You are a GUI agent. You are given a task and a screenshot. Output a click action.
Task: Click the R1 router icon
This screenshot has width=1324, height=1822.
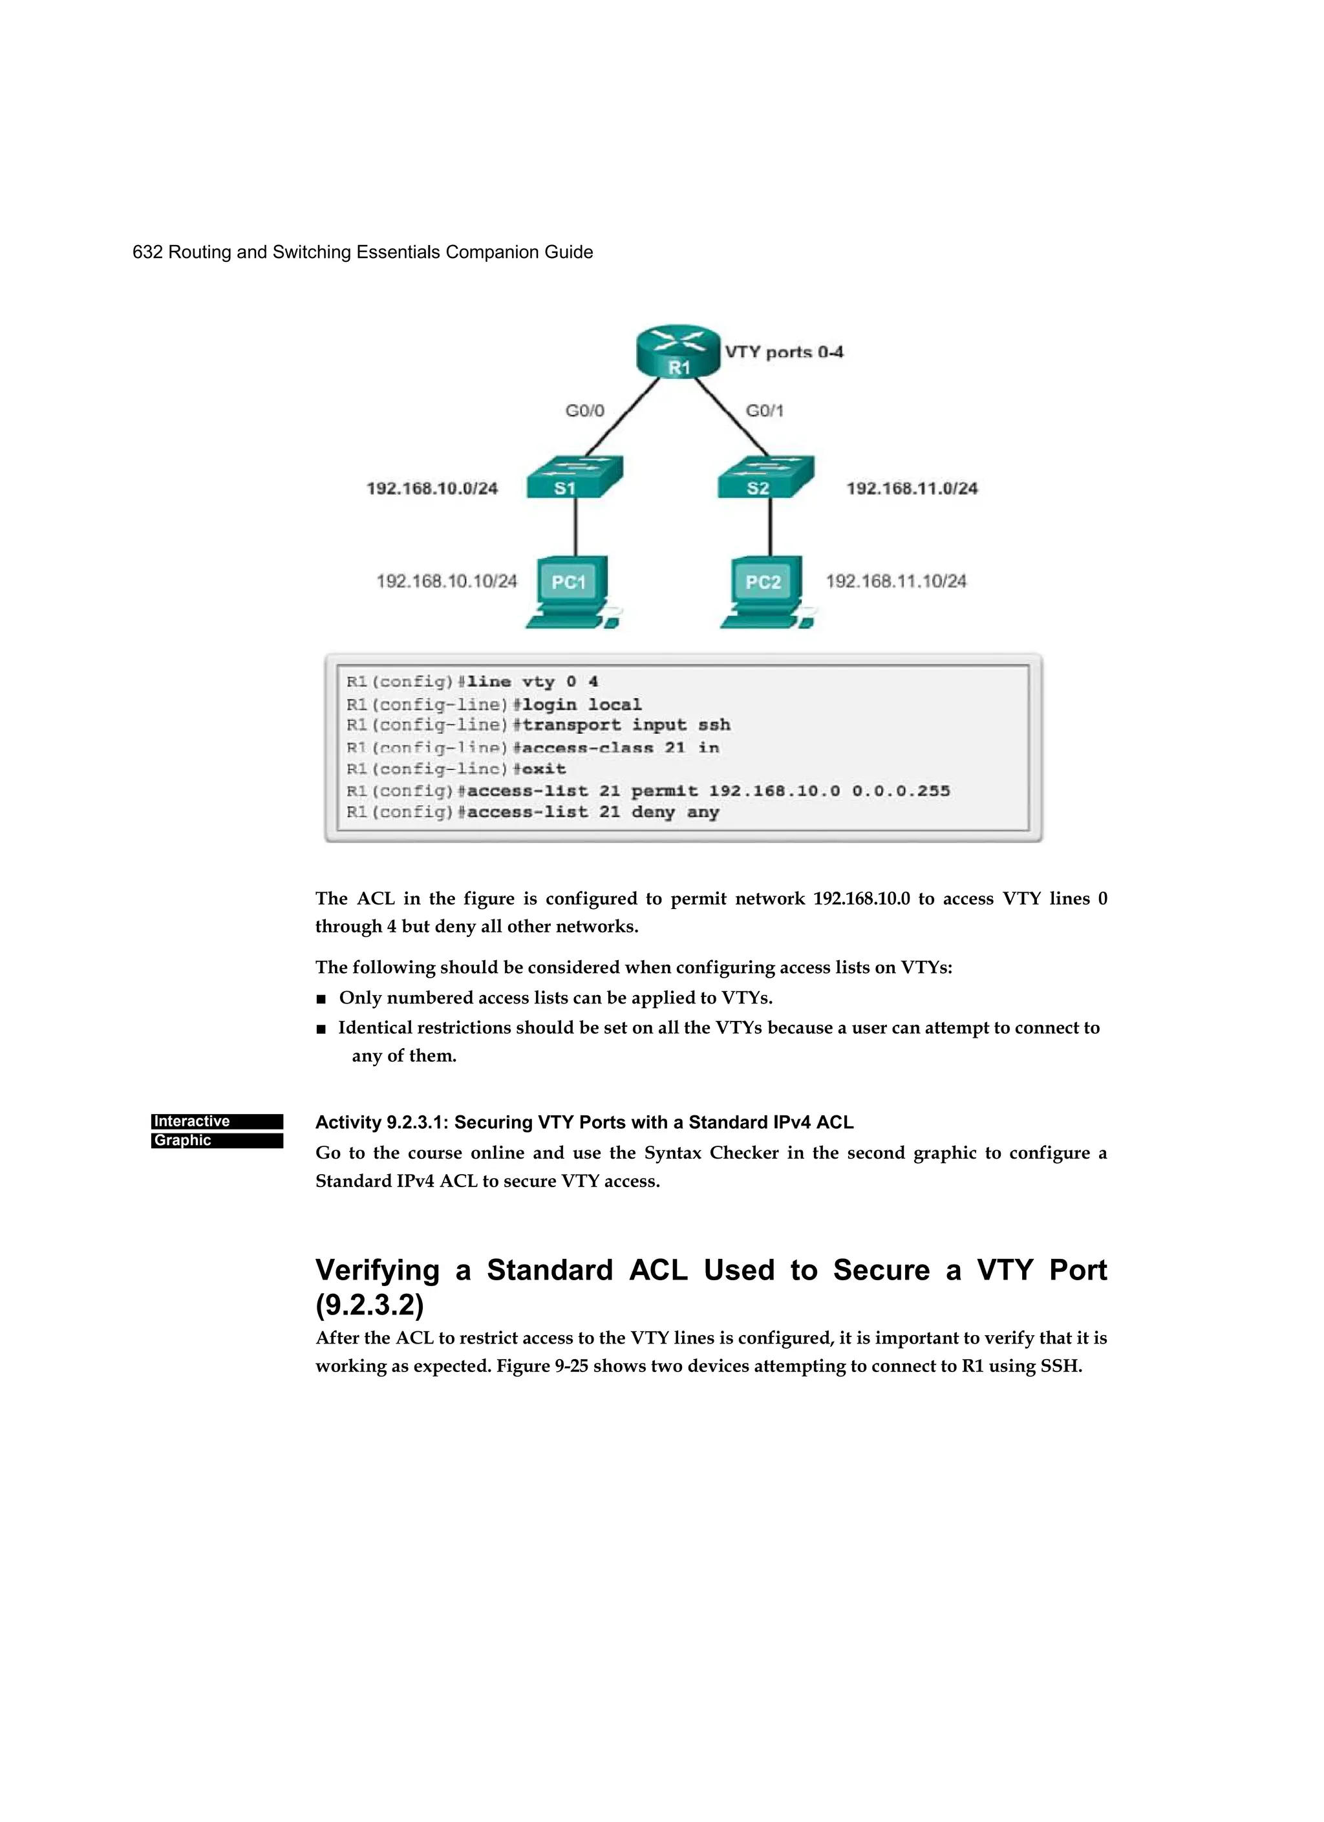pos(678,352)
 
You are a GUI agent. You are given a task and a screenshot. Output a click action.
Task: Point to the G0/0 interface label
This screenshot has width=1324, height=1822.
pos(585,411)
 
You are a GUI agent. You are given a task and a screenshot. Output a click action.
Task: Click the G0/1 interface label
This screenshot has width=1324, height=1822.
pos(764,411)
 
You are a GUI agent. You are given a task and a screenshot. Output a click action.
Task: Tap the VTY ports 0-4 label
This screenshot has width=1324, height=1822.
pos(784,352)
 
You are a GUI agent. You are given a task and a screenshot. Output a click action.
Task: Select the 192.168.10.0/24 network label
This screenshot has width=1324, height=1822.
pos(432,488)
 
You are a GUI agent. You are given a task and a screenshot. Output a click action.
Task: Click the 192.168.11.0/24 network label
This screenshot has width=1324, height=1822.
pos(912,488)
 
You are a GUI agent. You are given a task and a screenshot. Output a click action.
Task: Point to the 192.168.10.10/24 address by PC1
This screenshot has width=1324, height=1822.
pos(447,581)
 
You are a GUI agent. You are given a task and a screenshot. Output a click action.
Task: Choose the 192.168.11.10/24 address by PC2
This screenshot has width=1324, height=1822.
pos(896,581)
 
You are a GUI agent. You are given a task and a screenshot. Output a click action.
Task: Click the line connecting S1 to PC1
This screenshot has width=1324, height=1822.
pos(575,526)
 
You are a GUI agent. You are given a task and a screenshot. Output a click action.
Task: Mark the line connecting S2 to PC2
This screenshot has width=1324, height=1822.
pos(771,526)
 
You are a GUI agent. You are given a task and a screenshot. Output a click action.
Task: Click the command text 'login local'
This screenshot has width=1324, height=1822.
pos(582,705)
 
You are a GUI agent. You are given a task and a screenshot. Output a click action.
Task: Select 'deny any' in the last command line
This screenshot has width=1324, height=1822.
pos(675,812)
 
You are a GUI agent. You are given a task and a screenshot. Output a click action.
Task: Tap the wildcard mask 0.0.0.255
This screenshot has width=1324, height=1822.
pos(901,791)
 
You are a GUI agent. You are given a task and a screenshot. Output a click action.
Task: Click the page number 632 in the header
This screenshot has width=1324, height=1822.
pos(147,252)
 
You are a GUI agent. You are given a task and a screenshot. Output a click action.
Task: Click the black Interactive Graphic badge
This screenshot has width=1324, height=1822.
pos(217,1131)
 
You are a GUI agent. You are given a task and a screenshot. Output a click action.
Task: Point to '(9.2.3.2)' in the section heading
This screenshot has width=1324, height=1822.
pos(370,1305)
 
